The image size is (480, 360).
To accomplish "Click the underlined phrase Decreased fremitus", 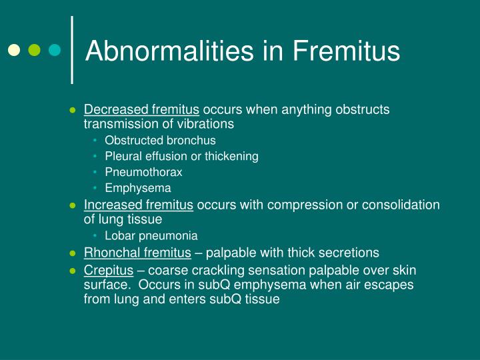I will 141,109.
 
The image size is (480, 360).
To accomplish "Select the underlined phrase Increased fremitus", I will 139,205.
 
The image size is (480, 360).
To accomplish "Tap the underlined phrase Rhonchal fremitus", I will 137,253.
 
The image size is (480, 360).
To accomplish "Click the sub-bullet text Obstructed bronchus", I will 160,140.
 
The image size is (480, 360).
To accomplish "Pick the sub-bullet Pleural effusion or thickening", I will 181,156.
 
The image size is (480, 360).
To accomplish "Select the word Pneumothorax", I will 143,172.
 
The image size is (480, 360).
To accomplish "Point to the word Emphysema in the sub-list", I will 138,188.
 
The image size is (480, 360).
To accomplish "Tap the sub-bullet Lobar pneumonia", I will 151,235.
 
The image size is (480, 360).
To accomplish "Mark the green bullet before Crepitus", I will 73,271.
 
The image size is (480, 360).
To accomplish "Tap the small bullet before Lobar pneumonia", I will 96,235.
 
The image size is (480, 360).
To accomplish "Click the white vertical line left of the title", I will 72,50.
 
